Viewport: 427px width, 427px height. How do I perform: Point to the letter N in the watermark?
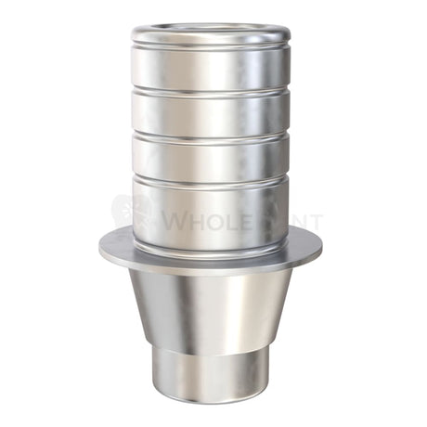295,223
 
